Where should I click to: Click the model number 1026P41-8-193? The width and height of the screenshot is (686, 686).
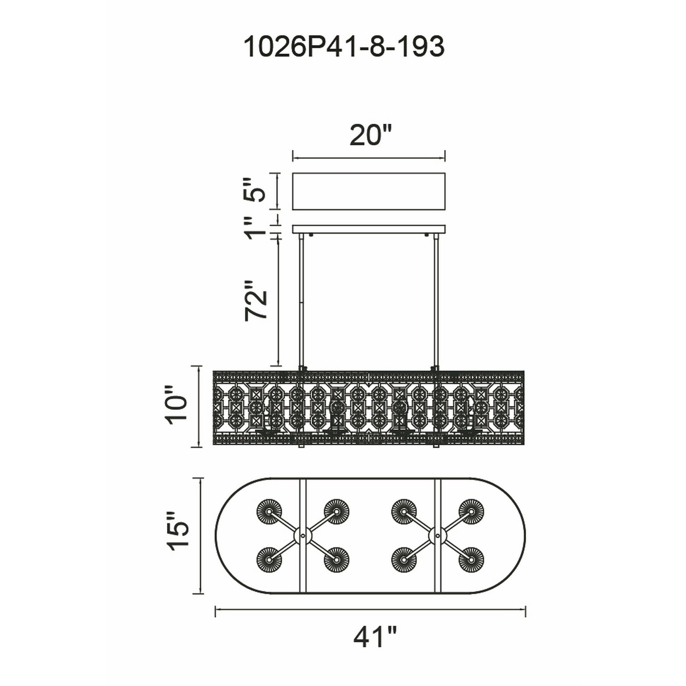pyautogui.click(x=344, y=47)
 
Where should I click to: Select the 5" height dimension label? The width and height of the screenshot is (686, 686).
pyautogui.click(x=256, y=190)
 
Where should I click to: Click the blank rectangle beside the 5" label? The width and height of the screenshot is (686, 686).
pyautogui.click(x=369, y=191)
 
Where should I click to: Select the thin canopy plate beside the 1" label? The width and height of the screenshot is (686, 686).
pyautogui.click(x=369, y=229)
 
